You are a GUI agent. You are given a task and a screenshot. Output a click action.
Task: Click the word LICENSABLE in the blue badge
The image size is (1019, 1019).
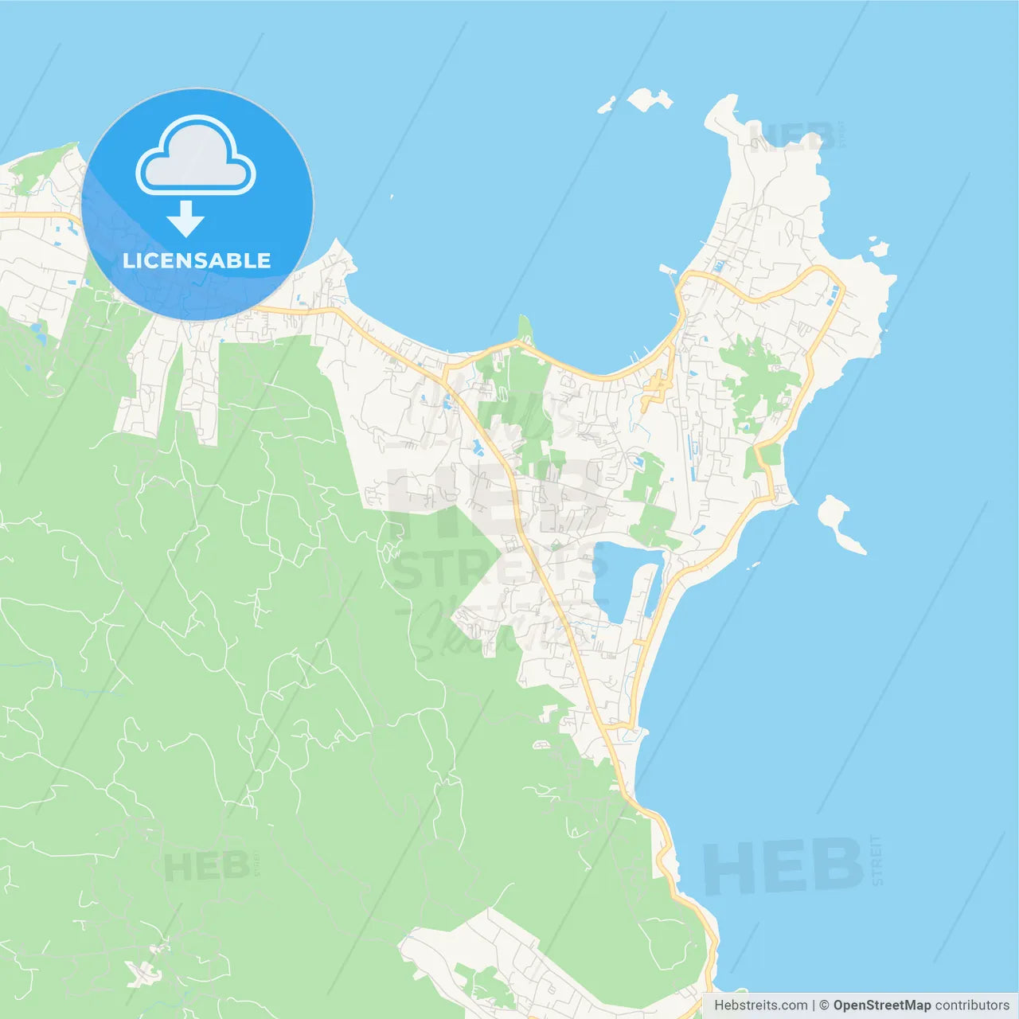(x=197, y=260)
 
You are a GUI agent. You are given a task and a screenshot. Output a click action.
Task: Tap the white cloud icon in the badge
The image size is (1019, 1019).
(x=196, y=158)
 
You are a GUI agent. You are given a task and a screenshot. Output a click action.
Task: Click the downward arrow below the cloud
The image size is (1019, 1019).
(x=185, y=219)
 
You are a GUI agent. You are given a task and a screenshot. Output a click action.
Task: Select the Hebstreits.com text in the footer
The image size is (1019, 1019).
(x=760, y=1005)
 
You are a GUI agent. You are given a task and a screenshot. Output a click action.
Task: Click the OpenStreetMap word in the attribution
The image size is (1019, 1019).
(x=882, y=1005)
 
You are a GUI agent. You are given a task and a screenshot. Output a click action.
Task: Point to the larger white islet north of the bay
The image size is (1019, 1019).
(x=649, y=100)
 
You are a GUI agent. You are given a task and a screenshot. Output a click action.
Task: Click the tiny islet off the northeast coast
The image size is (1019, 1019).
(x=878, y=248)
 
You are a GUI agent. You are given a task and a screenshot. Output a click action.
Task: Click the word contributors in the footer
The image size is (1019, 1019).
(x=972, y=1005)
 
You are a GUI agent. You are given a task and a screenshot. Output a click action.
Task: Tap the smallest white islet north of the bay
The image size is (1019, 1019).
(x=607, y=104)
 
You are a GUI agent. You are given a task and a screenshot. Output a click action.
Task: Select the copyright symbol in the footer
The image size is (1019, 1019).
(x=824, y=1005)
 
